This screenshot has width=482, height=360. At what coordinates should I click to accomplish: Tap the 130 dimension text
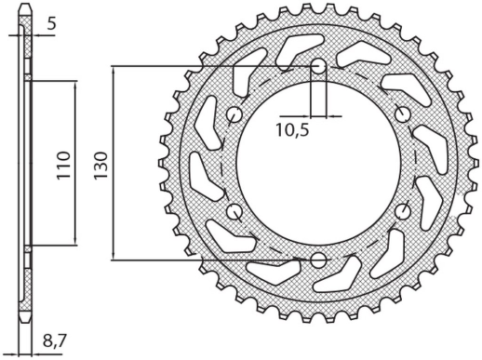point(101,164)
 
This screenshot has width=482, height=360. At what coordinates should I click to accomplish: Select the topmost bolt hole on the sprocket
point(318,67)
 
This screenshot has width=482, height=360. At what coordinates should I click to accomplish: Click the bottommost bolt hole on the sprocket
point(318,259)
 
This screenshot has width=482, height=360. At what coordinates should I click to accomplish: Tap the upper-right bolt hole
point(402,114)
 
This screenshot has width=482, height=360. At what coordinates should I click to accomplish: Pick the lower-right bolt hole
point(402,211)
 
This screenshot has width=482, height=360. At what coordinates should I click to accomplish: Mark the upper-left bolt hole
point(234,114)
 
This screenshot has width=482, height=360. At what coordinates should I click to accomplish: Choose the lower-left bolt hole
point(234,211)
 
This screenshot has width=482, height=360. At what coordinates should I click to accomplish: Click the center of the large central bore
point(318,163)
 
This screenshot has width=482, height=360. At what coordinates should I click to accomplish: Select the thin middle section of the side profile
point(27,164)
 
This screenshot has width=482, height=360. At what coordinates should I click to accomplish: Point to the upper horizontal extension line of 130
point(205,67)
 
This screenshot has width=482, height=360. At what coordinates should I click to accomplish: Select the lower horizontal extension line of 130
point(205,259)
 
